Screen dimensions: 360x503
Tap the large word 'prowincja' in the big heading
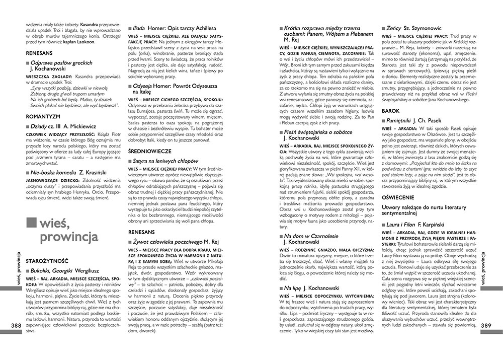coord(70,237)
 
